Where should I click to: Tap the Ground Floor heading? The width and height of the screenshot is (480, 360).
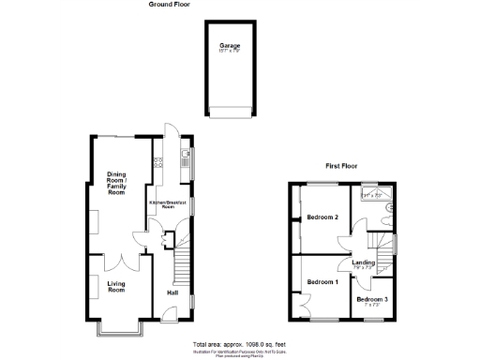[170, 4]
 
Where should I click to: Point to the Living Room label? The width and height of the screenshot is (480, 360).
[116, 287]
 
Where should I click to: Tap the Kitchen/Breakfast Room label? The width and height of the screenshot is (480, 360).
[168, 204]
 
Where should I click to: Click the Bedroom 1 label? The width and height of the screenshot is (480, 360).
[322, 282]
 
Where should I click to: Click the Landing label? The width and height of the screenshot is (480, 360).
[364, 262]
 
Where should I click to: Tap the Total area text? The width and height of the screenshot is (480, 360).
[239, 343]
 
